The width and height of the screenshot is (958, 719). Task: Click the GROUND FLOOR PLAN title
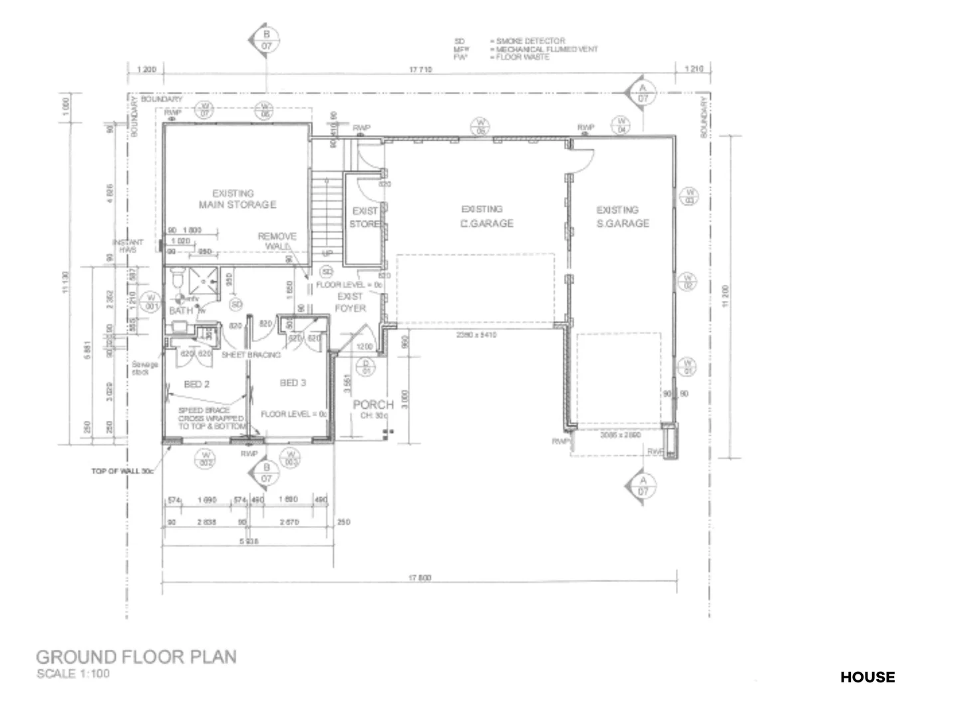136,656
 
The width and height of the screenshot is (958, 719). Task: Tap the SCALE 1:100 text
73,674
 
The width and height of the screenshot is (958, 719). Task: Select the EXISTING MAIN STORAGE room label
237,199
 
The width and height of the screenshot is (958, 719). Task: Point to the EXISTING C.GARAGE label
486,216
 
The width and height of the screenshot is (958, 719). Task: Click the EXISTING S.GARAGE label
622,217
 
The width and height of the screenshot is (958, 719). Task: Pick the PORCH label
373,405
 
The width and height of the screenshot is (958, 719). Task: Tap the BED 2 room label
197,384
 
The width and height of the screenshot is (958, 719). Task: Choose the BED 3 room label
293,383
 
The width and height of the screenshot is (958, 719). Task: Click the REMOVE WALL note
277,241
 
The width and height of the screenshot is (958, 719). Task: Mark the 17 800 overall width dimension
420,577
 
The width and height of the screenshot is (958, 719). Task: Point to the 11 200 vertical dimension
726,296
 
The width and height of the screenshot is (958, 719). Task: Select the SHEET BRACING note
251,355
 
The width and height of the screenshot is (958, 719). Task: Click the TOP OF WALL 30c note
122,471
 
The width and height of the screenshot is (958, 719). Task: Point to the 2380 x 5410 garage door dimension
476,335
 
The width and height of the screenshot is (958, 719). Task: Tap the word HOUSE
867,677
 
